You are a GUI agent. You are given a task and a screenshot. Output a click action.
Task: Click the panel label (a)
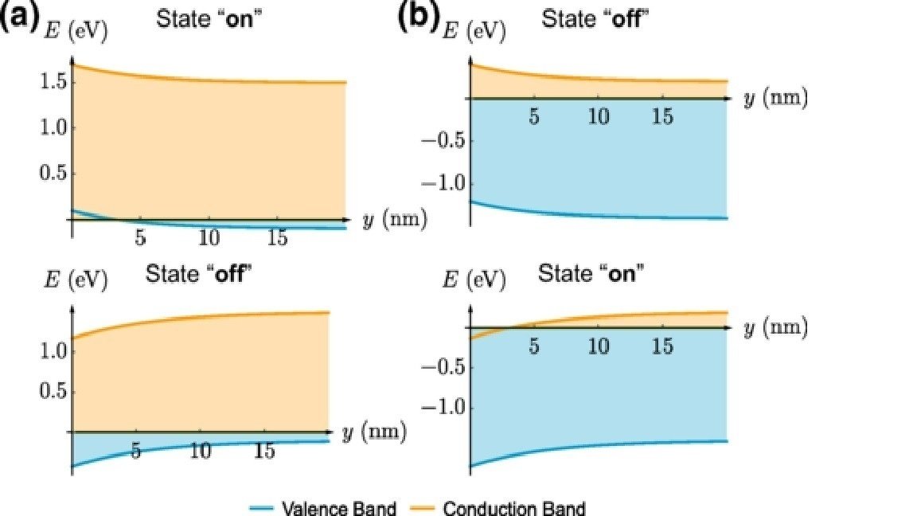[x=20, y=19]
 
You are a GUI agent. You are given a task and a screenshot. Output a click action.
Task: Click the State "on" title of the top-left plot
[x=209, y=20]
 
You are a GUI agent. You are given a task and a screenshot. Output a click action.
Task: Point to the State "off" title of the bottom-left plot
[x=198, y=273]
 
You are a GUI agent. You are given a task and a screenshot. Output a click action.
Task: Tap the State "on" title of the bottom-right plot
[x=591, y=273]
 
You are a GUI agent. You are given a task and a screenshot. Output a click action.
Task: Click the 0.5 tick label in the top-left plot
[x=48, y=173]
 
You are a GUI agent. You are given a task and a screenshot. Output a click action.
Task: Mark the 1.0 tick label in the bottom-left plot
[x=49, y=350]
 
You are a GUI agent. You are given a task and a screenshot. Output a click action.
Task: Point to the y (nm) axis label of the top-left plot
[x=395, y=220]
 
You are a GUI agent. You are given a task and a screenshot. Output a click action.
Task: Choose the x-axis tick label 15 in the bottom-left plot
[x=264, y=451]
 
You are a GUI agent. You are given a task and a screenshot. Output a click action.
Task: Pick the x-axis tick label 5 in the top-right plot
[x=534, y=117]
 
